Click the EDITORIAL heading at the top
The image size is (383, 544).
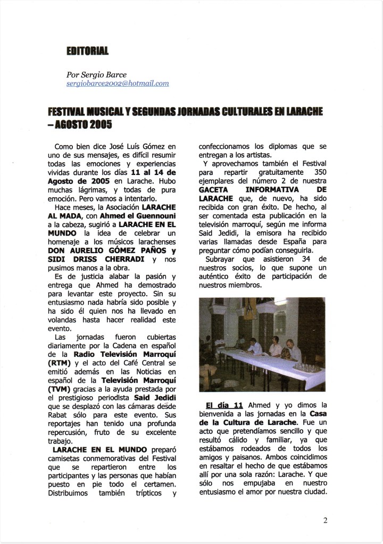tap(87, 51)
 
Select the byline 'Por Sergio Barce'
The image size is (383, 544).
tap(94, 75)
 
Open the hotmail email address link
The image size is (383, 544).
tap(118, 83)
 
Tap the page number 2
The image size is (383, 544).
tap(325, 521)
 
